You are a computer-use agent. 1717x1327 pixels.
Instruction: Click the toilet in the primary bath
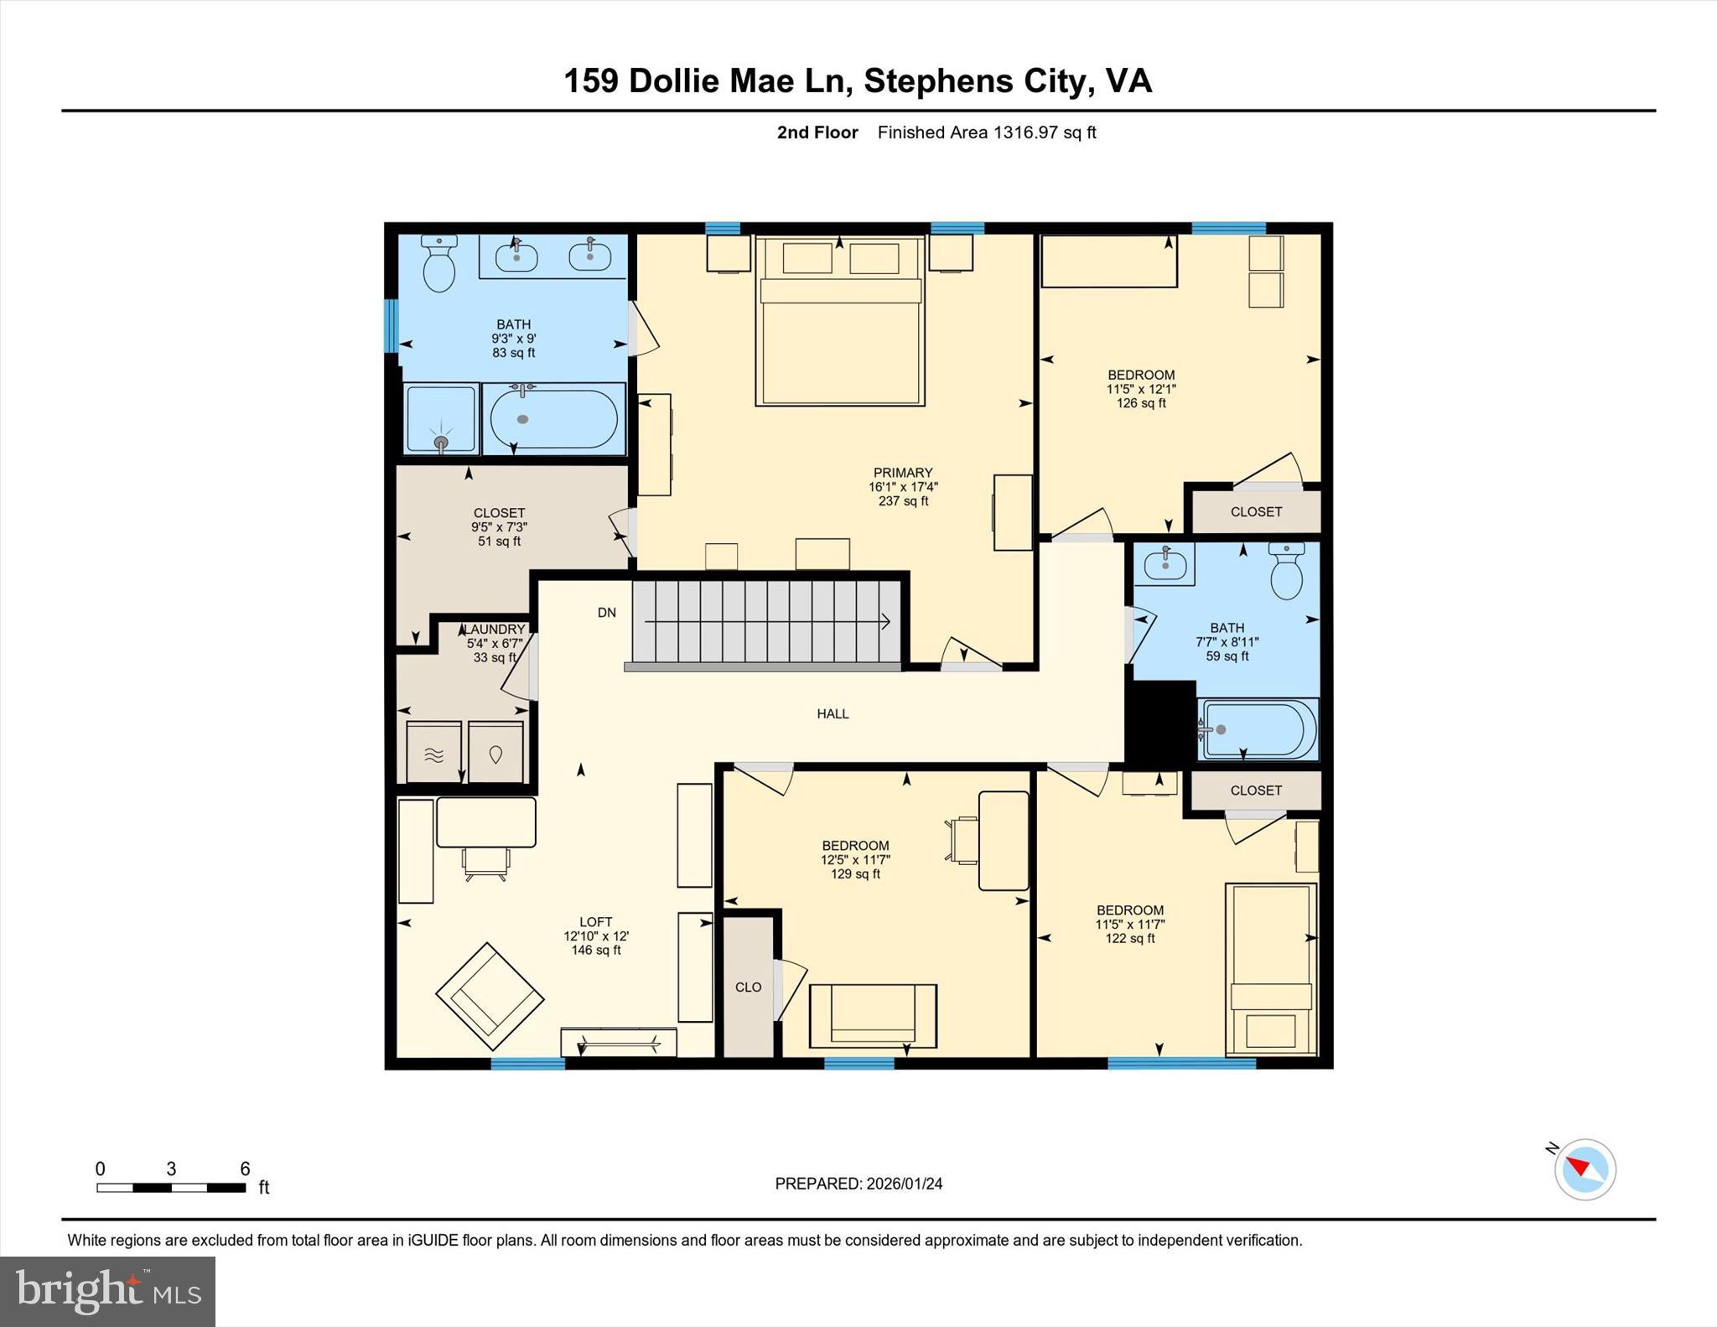click(x=439, y=264)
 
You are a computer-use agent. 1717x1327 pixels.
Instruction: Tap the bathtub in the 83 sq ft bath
click(x=553, y=418)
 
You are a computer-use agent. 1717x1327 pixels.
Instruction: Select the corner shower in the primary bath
click(x=441, y=419)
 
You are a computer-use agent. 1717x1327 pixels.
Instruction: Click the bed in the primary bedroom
click(x=840, y=323)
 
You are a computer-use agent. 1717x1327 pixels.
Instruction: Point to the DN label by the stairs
click(x=606, y=613)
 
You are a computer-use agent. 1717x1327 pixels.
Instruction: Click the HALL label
click(x=833, y=713)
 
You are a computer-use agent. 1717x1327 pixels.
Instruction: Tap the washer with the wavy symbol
click(x=433, y=752)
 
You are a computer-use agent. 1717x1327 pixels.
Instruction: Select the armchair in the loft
click(x=490, y=996)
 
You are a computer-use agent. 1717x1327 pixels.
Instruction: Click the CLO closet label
click(x=748, y=987)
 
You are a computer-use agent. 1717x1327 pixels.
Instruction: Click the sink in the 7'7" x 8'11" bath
click(x=1165, y=563)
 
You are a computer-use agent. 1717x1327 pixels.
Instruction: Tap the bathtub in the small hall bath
click(x=1258, y=729)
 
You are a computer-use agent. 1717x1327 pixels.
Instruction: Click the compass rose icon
click(x=1585, y=1169)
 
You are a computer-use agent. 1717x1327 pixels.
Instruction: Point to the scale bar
click(x=171, y=1187)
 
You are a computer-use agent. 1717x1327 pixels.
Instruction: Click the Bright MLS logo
click(x=107, y=1291)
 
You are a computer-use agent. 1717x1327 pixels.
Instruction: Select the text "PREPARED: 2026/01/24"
click(x=858, y=1184)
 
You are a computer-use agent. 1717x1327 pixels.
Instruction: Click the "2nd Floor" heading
click(x=817, y=132)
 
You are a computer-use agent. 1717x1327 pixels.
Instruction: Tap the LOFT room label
click(x=595, y=921)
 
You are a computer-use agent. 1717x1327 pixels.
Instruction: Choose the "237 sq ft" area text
click(x=903, y=501)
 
